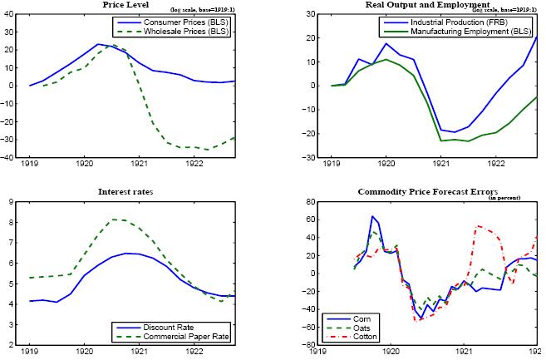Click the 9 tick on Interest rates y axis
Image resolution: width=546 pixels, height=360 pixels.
11,202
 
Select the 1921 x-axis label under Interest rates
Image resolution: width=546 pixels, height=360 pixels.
139,352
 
